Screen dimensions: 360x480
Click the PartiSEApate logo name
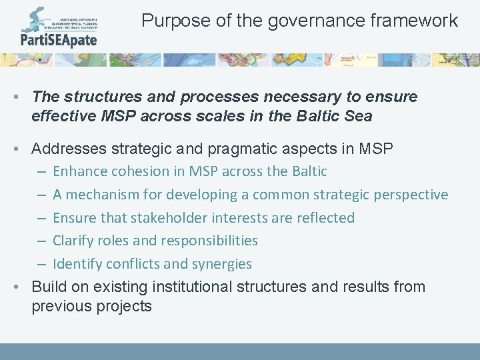coord(59,40)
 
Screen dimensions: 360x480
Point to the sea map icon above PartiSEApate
coord(33,19)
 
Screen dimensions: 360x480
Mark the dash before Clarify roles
coord(41,241)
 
